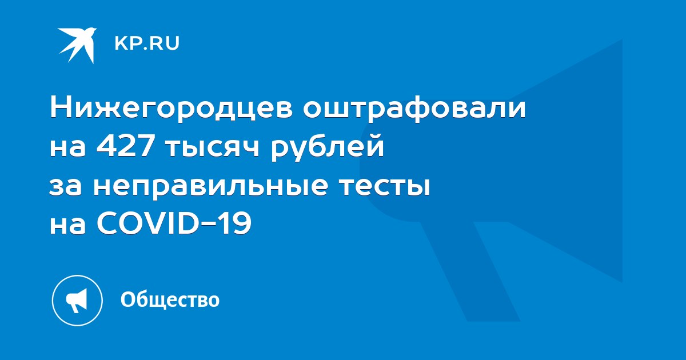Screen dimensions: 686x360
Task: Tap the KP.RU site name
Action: [147, 43]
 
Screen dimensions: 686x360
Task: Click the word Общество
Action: [170, 299]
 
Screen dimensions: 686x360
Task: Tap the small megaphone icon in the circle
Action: [77, 300]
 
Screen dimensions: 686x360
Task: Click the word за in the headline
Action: [66, 186]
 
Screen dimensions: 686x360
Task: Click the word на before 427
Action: [67, 148]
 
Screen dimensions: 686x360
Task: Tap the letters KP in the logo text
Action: [127, 43]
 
